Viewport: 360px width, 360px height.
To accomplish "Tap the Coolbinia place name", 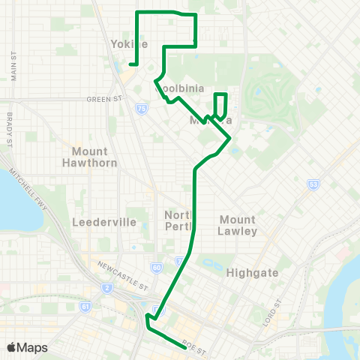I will click(175, 88).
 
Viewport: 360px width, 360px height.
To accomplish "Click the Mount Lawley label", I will click(238, 225).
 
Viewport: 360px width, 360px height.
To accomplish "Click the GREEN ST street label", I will click(103, 98).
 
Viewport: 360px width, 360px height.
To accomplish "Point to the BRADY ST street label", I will click(10, 130).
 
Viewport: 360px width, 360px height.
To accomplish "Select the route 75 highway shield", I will click(141, 109).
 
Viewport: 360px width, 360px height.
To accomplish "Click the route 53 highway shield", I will click(313, 184).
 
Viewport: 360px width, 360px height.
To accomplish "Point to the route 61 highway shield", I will click(86, 306).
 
